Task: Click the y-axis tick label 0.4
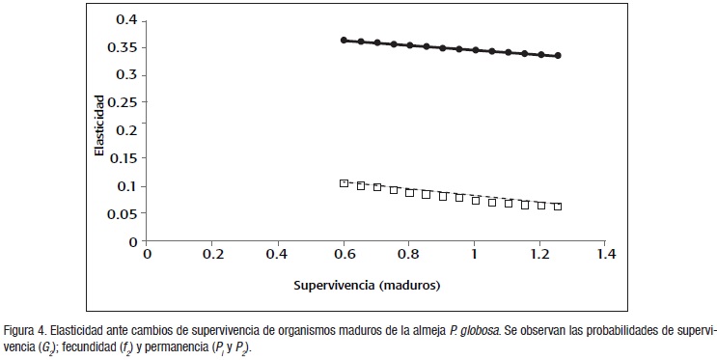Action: (124, 19)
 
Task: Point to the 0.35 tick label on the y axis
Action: (121, 47)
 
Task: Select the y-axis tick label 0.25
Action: (121, 102)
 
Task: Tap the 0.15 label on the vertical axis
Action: (121, 158)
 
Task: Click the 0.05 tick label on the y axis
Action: (121, 213)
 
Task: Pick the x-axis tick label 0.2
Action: (212, 255)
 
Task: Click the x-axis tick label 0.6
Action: (344, 255)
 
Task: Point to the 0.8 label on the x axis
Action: (409, 255)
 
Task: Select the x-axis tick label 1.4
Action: (605, 255)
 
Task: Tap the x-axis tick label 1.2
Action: (539, 255)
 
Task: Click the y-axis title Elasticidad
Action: (99, 131)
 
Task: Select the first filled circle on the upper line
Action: (344, 41)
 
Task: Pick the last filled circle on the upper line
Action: (558, 56)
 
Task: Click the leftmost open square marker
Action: (344, 183)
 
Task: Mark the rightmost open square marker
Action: (558, 207)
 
